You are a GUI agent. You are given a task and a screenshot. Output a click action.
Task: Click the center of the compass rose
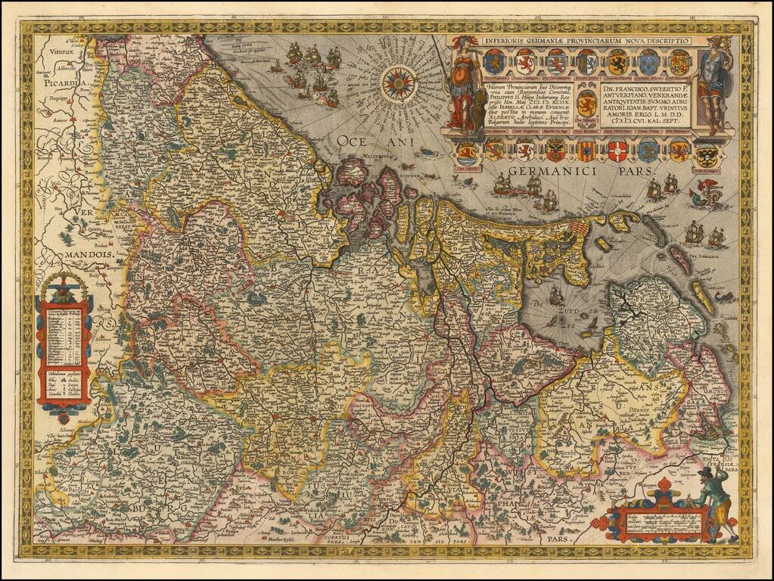pos(398,83)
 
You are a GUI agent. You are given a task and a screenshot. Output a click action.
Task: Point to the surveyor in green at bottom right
pos(714,499)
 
